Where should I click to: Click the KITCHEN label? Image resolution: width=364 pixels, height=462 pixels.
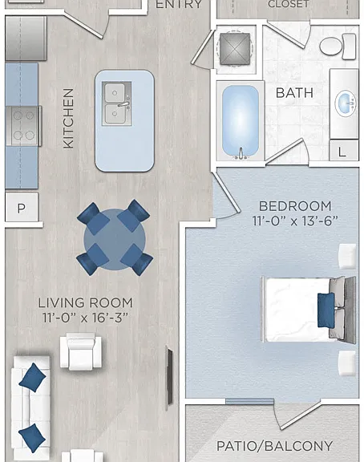click(68, 119)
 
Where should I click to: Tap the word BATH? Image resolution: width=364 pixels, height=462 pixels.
click(294, 93)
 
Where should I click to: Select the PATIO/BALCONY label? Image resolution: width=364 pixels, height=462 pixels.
click(274, 446)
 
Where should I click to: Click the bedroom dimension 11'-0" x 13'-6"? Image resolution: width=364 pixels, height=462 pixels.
click(295, 221)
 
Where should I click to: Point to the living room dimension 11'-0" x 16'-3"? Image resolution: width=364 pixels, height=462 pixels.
click(86, 318)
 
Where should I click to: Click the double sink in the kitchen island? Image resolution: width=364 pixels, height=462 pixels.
click(116, 103)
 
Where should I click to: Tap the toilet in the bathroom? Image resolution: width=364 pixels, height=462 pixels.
click(338, 47)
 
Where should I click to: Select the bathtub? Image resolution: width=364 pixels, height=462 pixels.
click(241, 121)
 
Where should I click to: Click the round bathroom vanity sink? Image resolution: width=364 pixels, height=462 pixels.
click(345, 103)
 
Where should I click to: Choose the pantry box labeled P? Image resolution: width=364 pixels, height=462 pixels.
click(22, 208)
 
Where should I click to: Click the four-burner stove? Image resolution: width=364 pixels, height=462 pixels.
click(23, 126)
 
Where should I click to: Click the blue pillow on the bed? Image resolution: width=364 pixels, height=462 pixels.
click(326, 310)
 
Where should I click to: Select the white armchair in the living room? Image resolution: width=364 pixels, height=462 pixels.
click(81, 351)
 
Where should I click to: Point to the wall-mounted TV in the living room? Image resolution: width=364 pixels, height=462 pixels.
click(169, 378)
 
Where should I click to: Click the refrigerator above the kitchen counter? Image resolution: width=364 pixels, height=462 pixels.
click(26, 38)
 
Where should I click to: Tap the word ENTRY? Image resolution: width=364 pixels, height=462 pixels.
click(179, 5)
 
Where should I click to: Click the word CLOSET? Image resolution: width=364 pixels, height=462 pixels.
click(289, 4)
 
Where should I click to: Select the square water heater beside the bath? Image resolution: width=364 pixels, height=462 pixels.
click(235, 49)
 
